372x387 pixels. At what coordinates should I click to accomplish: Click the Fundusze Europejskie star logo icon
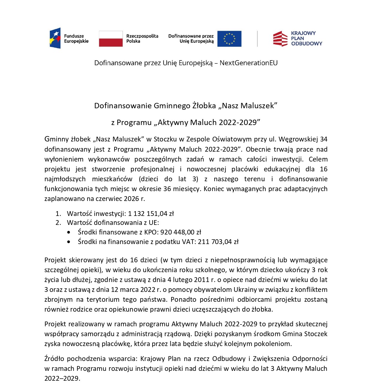click(x=55, y=38)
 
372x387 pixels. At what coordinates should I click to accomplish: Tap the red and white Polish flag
click(x=111, y=39)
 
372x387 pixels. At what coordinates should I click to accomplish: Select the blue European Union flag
click(x=229, y=39)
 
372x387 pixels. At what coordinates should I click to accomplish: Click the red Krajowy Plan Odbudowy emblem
click(x=280, y=39)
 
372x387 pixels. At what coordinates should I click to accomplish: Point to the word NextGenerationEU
click(x=248, y=63)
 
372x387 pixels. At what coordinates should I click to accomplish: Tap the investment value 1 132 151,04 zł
click(x=151, y=214)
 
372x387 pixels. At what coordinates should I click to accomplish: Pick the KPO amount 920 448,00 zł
click(x=181, y=232)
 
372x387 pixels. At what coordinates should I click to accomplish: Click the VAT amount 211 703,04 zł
click(x=218, y=242)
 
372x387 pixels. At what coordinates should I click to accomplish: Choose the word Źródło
click(x=54, y=359)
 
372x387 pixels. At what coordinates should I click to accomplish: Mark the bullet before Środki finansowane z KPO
click(x=69, y=232)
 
